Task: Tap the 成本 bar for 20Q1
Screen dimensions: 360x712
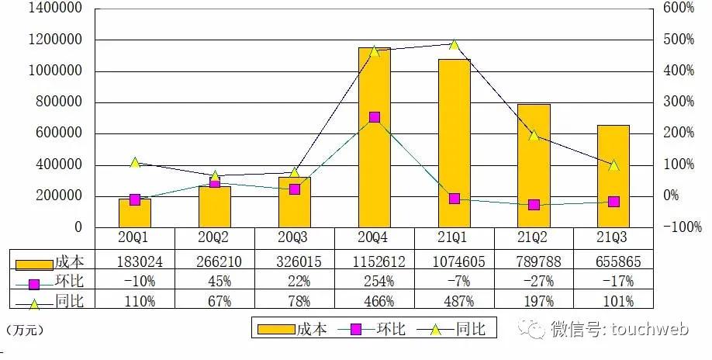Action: tap(135, 213)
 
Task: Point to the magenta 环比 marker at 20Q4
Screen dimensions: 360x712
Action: tap(375, 117)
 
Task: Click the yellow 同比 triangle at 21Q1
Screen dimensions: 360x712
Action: tap(455, 45)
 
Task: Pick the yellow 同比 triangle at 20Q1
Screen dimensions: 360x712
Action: tap(135, 163)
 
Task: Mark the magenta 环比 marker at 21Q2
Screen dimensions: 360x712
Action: tap(534, 205)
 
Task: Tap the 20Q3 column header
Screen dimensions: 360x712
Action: tap(295, 239)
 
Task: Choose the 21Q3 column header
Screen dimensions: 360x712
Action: tap(613, 239)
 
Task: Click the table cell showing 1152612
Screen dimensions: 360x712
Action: tap(375, 261)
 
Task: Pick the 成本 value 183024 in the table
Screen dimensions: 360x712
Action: tap(135, 261)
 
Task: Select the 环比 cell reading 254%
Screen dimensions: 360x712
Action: tap(375, 281)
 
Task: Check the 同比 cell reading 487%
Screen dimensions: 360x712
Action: tap(455, 301)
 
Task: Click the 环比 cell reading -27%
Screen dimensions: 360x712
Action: tap(534, 281)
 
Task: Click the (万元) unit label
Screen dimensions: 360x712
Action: tap(24, 331)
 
